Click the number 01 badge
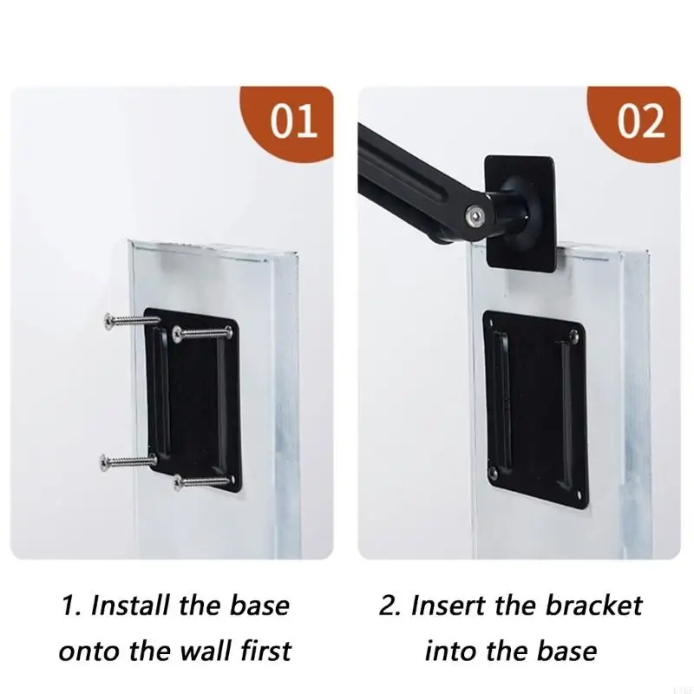(x=293, y=121)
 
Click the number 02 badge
(x=640, y=121)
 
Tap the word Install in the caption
(x=130, y=605)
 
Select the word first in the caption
(x=265, y=651)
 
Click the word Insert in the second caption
(x=448, y=605)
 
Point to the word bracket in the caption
(x=593, y=605)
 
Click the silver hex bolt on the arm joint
(x=475, y=215)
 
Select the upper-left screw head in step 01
(x=108, y=321)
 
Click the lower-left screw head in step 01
(x=104, y=462)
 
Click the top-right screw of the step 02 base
(x=575, y=335)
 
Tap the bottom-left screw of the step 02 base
(x=494, y=474)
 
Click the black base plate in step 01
(x=193, y=401)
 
